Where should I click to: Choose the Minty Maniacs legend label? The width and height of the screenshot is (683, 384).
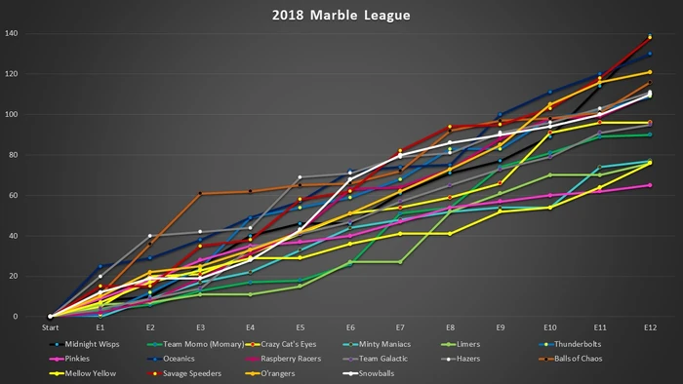pyautogui.click(x=410, y=343)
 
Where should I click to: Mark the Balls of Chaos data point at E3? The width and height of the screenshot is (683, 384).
pyautogui.click(x=200, y=194)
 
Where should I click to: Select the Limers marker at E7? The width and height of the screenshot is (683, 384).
pyautogui.click(x=400, y=261)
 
